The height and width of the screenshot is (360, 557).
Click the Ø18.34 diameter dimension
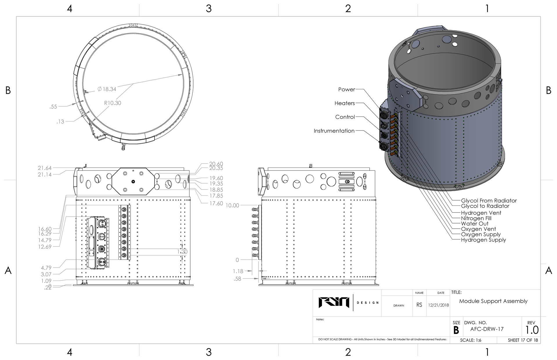pyautogui.click(x=107, y=89)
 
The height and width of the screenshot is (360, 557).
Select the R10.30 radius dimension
pyautogui.click(x=113, y=103)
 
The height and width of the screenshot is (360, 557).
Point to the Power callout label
pyautogui.click(x=347, y=90)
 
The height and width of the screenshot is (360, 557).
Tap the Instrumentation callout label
pyautogui.click(x=334, y=131)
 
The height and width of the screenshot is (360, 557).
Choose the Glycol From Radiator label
pyautogui.click(x=489, y=201)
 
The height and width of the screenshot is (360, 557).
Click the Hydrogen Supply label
pyautogui.click(x=483, y=240)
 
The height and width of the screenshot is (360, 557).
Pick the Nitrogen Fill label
pyautogui.click(x=476, y=218)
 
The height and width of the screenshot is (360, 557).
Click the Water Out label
pyautogui.click(x=475, y=224)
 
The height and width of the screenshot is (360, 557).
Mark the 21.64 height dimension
pyautogui.click(x=45, y=168)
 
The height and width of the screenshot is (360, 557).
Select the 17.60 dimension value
pyautogui.click(x=216, y=203)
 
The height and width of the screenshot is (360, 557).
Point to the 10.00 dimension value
pyautogui.click(x=232, y=206)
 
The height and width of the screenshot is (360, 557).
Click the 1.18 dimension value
pyautogui.click(x=238, y=271)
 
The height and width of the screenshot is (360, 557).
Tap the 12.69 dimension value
pyautogui.click(x=45, y=247)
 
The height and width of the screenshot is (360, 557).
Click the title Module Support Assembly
pyautogui.click(x=493, y=301)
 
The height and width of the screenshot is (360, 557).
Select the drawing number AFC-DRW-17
pyautogui.click(x=487, y=329)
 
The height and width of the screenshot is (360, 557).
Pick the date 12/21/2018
pyautogui.click(x=438, y=305)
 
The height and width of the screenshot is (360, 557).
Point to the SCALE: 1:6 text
pyautogui.click(x=471, y=340)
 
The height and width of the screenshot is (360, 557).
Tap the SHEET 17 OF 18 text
pyautogui.click(x=523, y=340)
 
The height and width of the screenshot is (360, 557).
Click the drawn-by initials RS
pyautogui.click(x=419, y=305)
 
